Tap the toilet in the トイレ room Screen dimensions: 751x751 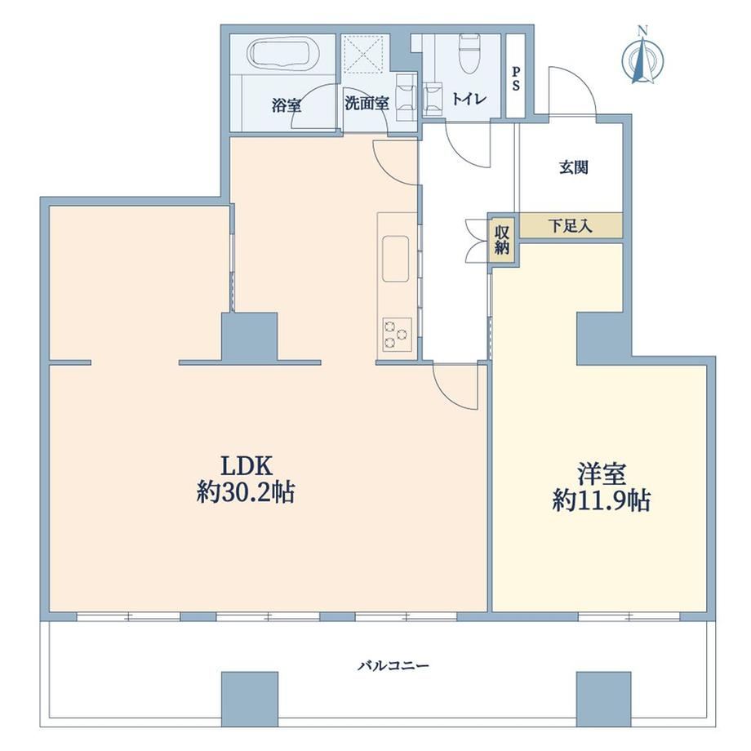pos(469,53)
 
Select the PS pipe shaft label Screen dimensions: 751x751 pos(516,78)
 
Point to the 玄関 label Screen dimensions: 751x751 pos(573,167)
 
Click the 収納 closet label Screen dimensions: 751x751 pos(501,240)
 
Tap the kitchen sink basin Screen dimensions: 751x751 pos(396,259)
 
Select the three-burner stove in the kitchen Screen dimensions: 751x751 pos(397,335)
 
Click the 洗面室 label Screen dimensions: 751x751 pos(367,104)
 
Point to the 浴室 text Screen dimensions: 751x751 pos(287,104)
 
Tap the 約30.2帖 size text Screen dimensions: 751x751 pos(245,492)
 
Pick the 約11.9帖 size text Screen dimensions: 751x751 pos(602,501)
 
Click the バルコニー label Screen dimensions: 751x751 pos(393,666)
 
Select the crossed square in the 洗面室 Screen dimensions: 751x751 pos(364,55)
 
